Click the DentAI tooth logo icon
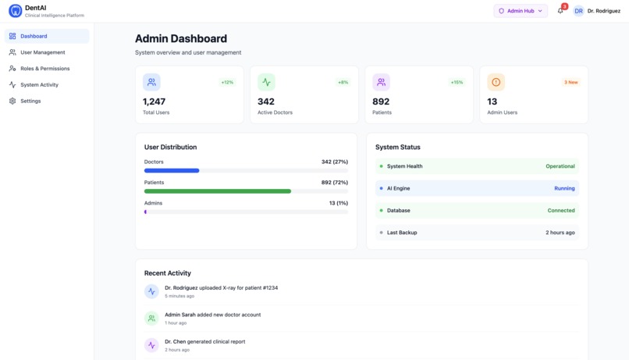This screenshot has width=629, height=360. click(x=15, y=11)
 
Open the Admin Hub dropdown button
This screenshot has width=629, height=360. click(x=520, y=11)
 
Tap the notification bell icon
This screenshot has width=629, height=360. click(x=560, y=11)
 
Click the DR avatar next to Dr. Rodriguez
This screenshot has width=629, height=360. click(x=578, y=11)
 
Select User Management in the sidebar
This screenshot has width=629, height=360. click(x=42, y=52)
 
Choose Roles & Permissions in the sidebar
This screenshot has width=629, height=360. click(x=44, y=69)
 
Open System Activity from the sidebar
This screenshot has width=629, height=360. click(x=39, y=84)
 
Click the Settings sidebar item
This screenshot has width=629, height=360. click(x=30, y=101)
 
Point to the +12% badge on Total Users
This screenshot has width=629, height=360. click(x=227, y=82)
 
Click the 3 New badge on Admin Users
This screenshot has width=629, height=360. click(x=570, y=82)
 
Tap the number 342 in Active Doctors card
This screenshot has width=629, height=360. click(x=266, y=102)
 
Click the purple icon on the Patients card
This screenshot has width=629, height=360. click(x=381, y=82)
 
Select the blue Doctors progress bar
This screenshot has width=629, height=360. click(x=172, y=170)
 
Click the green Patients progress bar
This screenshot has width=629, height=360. click(x=218, y=191)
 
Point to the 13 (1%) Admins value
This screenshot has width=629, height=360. click(x=338, y=203)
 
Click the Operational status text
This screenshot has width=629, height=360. click(x=560, y=166)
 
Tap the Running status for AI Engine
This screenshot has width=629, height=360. click(x=564, y=188)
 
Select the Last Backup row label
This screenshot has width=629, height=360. click(x=402, y=233)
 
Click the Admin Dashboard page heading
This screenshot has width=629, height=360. click(x=181, y=38)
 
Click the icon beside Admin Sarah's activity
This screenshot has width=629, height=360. click(x=151, y=318)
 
